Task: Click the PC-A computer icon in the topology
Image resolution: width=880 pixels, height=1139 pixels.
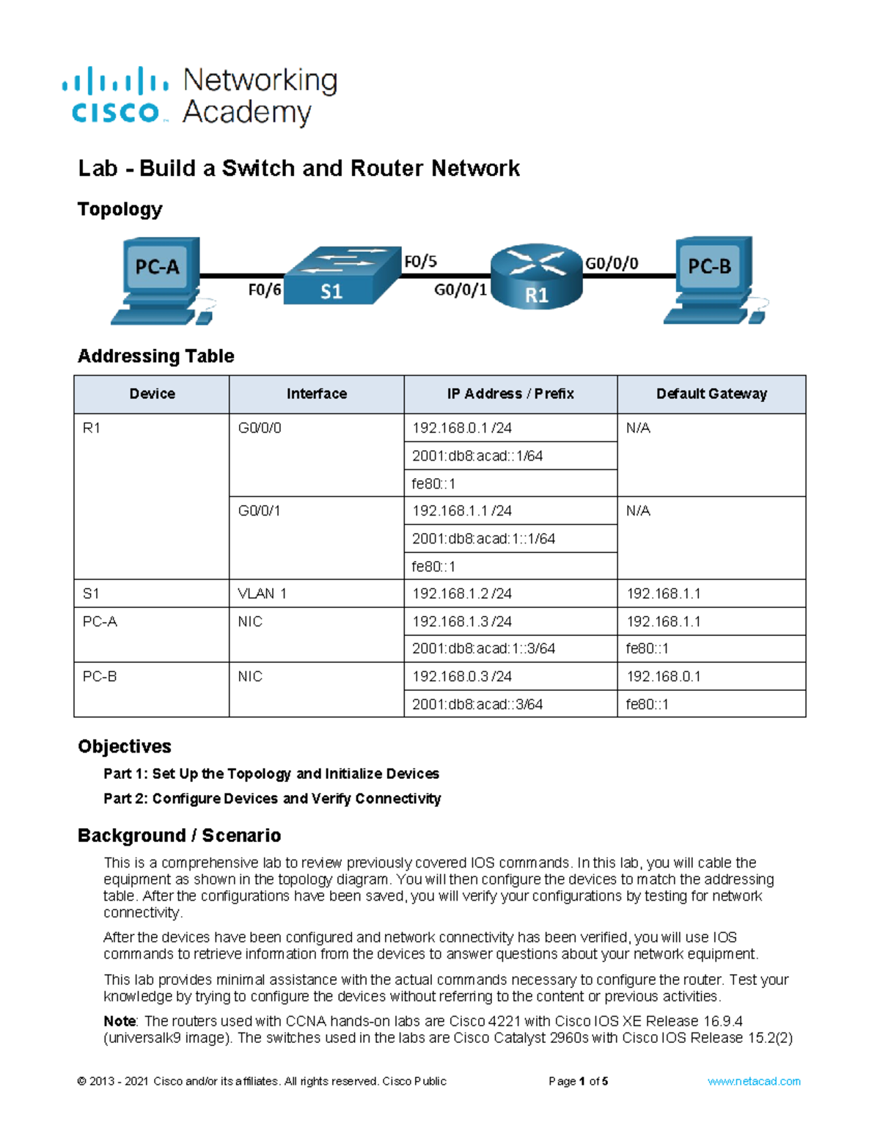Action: coord(158,280)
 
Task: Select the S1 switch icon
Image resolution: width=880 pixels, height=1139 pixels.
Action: coord(341,276)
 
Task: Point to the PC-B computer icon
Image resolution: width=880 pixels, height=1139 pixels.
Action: coord(712,280)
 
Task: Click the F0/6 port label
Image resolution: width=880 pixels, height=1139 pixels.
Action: coord(264,290)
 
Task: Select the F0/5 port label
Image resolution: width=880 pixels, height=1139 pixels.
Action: coord(420,261)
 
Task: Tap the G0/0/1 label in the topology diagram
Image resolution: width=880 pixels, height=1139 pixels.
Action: coord(460,290)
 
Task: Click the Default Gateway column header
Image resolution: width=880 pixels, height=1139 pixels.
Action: coord(711,394)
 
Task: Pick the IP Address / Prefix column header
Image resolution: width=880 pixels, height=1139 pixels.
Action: coord(510,394)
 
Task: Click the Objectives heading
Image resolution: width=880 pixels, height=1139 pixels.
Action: coord(125,747)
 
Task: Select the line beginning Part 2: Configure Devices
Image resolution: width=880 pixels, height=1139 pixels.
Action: coord(272,799)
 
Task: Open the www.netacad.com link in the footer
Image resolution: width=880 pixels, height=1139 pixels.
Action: coord(753,1081)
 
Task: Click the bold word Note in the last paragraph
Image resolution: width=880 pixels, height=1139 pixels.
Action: coord(120,1021)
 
